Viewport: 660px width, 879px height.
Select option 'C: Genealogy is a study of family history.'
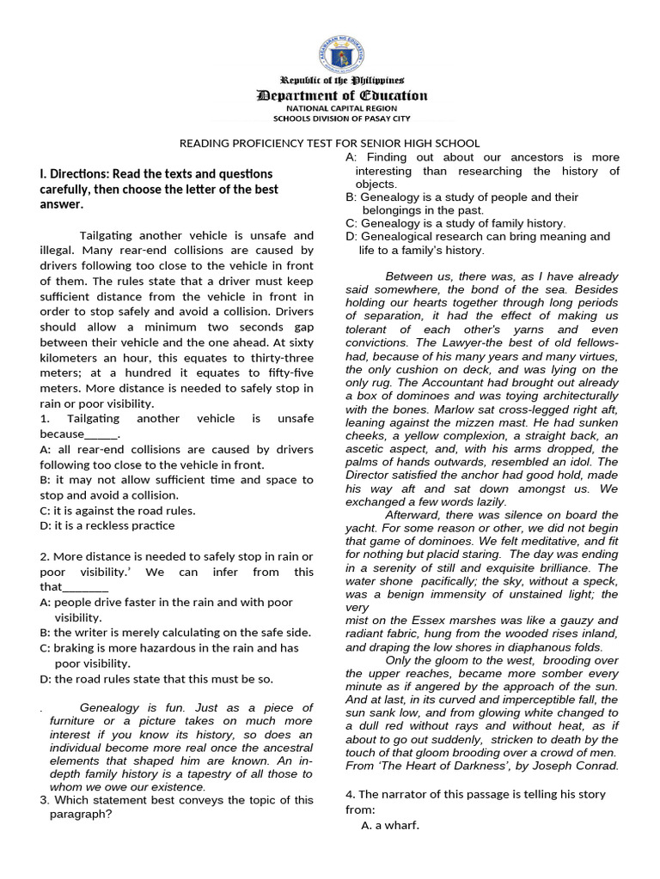[455, 223]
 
